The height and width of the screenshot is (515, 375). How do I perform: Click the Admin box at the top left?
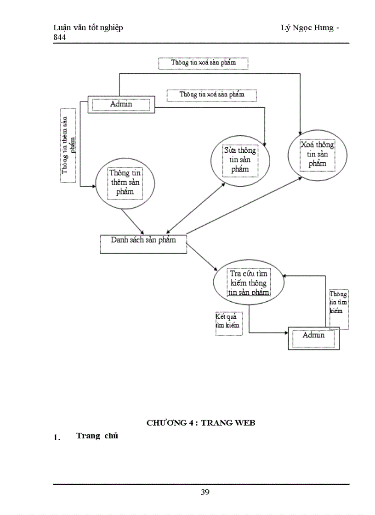(x=121, y=104)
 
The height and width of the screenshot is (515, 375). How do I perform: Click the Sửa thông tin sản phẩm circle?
(x=240, y=160)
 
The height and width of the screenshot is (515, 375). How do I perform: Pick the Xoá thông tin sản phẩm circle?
(x=317, y=154)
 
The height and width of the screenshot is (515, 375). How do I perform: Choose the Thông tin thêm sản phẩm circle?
(x=125, y=183)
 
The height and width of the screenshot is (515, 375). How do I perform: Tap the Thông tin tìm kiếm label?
(x=338, y=303)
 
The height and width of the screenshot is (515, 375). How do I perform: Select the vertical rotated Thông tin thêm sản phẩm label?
(x=68, y=145)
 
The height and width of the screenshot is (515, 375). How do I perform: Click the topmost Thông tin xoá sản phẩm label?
(x=203, y=63)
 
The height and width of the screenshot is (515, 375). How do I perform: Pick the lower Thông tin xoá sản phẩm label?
(x=211, y=94)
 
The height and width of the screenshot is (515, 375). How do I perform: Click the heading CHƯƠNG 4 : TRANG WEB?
(x=201, y=423)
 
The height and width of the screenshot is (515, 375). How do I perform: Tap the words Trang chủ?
(x=97, y=436)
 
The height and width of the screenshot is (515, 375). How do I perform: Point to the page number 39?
(x=205, y=492)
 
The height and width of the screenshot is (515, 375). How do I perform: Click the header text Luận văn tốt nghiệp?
(x=88, y=28)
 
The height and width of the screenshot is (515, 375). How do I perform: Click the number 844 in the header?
(x=59, y=37)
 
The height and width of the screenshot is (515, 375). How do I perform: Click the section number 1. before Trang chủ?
(x=57, y=437)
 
